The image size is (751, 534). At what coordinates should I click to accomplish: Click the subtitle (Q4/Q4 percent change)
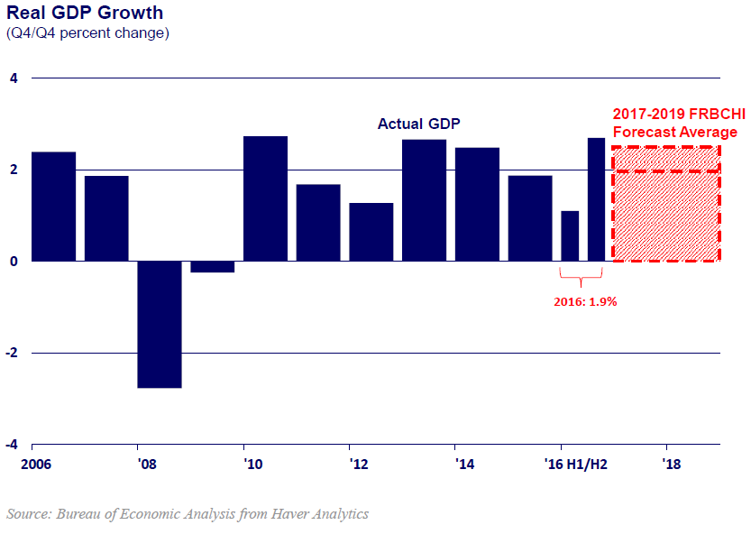pyautogui.click(x=87, y=33)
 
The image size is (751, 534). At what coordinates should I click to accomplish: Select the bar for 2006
pyautogui.click(x=53, y=207)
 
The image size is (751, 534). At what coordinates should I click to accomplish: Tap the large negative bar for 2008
pyautogui.click(x=160, y=324)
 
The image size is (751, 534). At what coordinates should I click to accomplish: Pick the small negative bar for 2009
pyautogui.click(x=213, y=266)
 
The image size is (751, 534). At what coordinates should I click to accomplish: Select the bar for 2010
pyautogui.click(x=266, y=198)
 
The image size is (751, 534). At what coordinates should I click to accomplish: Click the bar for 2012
pyautogui.click(x=371, y=232)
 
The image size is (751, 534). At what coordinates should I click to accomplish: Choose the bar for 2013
pyautogui.click(x=424, y=200)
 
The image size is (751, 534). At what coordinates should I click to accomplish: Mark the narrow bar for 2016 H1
pyautogui.click(x=570, y=235)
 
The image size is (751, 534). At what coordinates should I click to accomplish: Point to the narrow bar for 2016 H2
pyautogui.click(x=596, y=199)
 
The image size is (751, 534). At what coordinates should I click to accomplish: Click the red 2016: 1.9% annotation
pyautogui.click(x=584, y=302)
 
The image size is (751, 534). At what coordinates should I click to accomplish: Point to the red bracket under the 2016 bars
pyautogui.click(x=582, y=276)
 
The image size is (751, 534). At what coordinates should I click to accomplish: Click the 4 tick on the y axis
pyautogui.click(x=14, y=78)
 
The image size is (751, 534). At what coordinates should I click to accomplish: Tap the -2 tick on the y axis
pyautogui.click(x=12, y=354)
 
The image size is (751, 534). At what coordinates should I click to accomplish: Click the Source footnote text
pyautogui.click(x=188, y=514)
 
